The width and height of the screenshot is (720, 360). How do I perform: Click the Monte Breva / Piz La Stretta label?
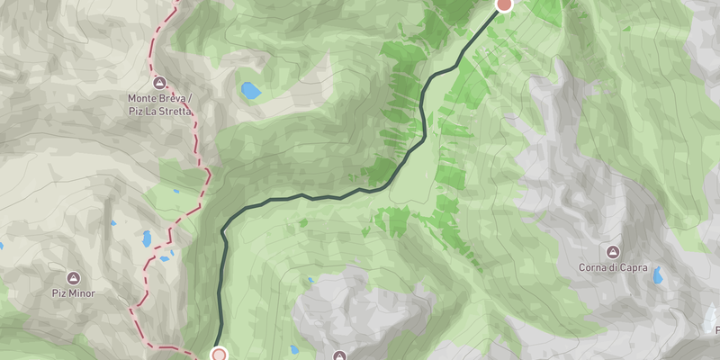tap(159, 103)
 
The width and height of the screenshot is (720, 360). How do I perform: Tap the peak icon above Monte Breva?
tap(159, 82)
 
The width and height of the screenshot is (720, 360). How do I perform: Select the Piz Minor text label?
tap(73, 293)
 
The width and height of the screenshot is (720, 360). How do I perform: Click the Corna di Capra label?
tap(613, 267)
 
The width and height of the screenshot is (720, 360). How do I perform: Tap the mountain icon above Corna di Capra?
tap(613, 250)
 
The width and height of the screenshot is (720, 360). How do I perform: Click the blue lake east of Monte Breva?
tap(249, 90)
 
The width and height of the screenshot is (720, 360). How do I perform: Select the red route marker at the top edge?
tap(505, 4)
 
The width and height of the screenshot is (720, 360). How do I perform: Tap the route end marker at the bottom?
tap(219, 355)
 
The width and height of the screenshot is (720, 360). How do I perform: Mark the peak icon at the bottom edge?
tap(339, 355)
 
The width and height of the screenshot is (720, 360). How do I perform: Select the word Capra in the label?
tap(633, 267)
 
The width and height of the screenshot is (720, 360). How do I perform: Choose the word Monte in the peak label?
tap(144, 97)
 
